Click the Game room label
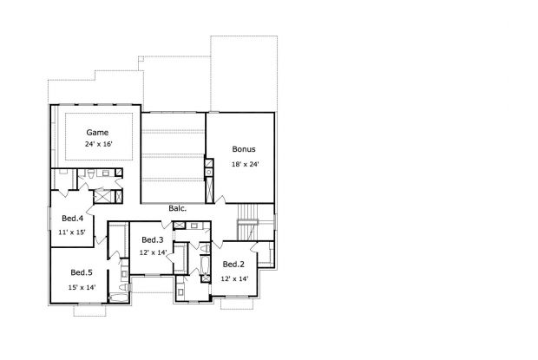coord(97,133)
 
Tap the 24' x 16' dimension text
coord(99,144)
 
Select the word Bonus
coord(244,149)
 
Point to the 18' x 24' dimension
coord(245,164)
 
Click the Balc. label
coord(178,208)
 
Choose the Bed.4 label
coord(72,218)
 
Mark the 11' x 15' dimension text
coord(72,232)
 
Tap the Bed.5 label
coord(82,272)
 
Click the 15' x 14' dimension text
coord(82,287)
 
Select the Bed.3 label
coord(153,240)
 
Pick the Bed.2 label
coord(233,265)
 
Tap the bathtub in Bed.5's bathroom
coord(119,298)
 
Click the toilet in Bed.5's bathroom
coord(124,286)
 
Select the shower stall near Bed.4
coord(102,196)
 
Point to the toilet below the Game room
coord(91,174)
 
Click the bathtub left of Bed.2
coord(205,265)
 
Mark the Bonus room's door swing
coord(220,200)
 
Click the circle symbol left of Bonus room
coord(209,172)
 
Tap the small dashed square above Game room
coord(141,58)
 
